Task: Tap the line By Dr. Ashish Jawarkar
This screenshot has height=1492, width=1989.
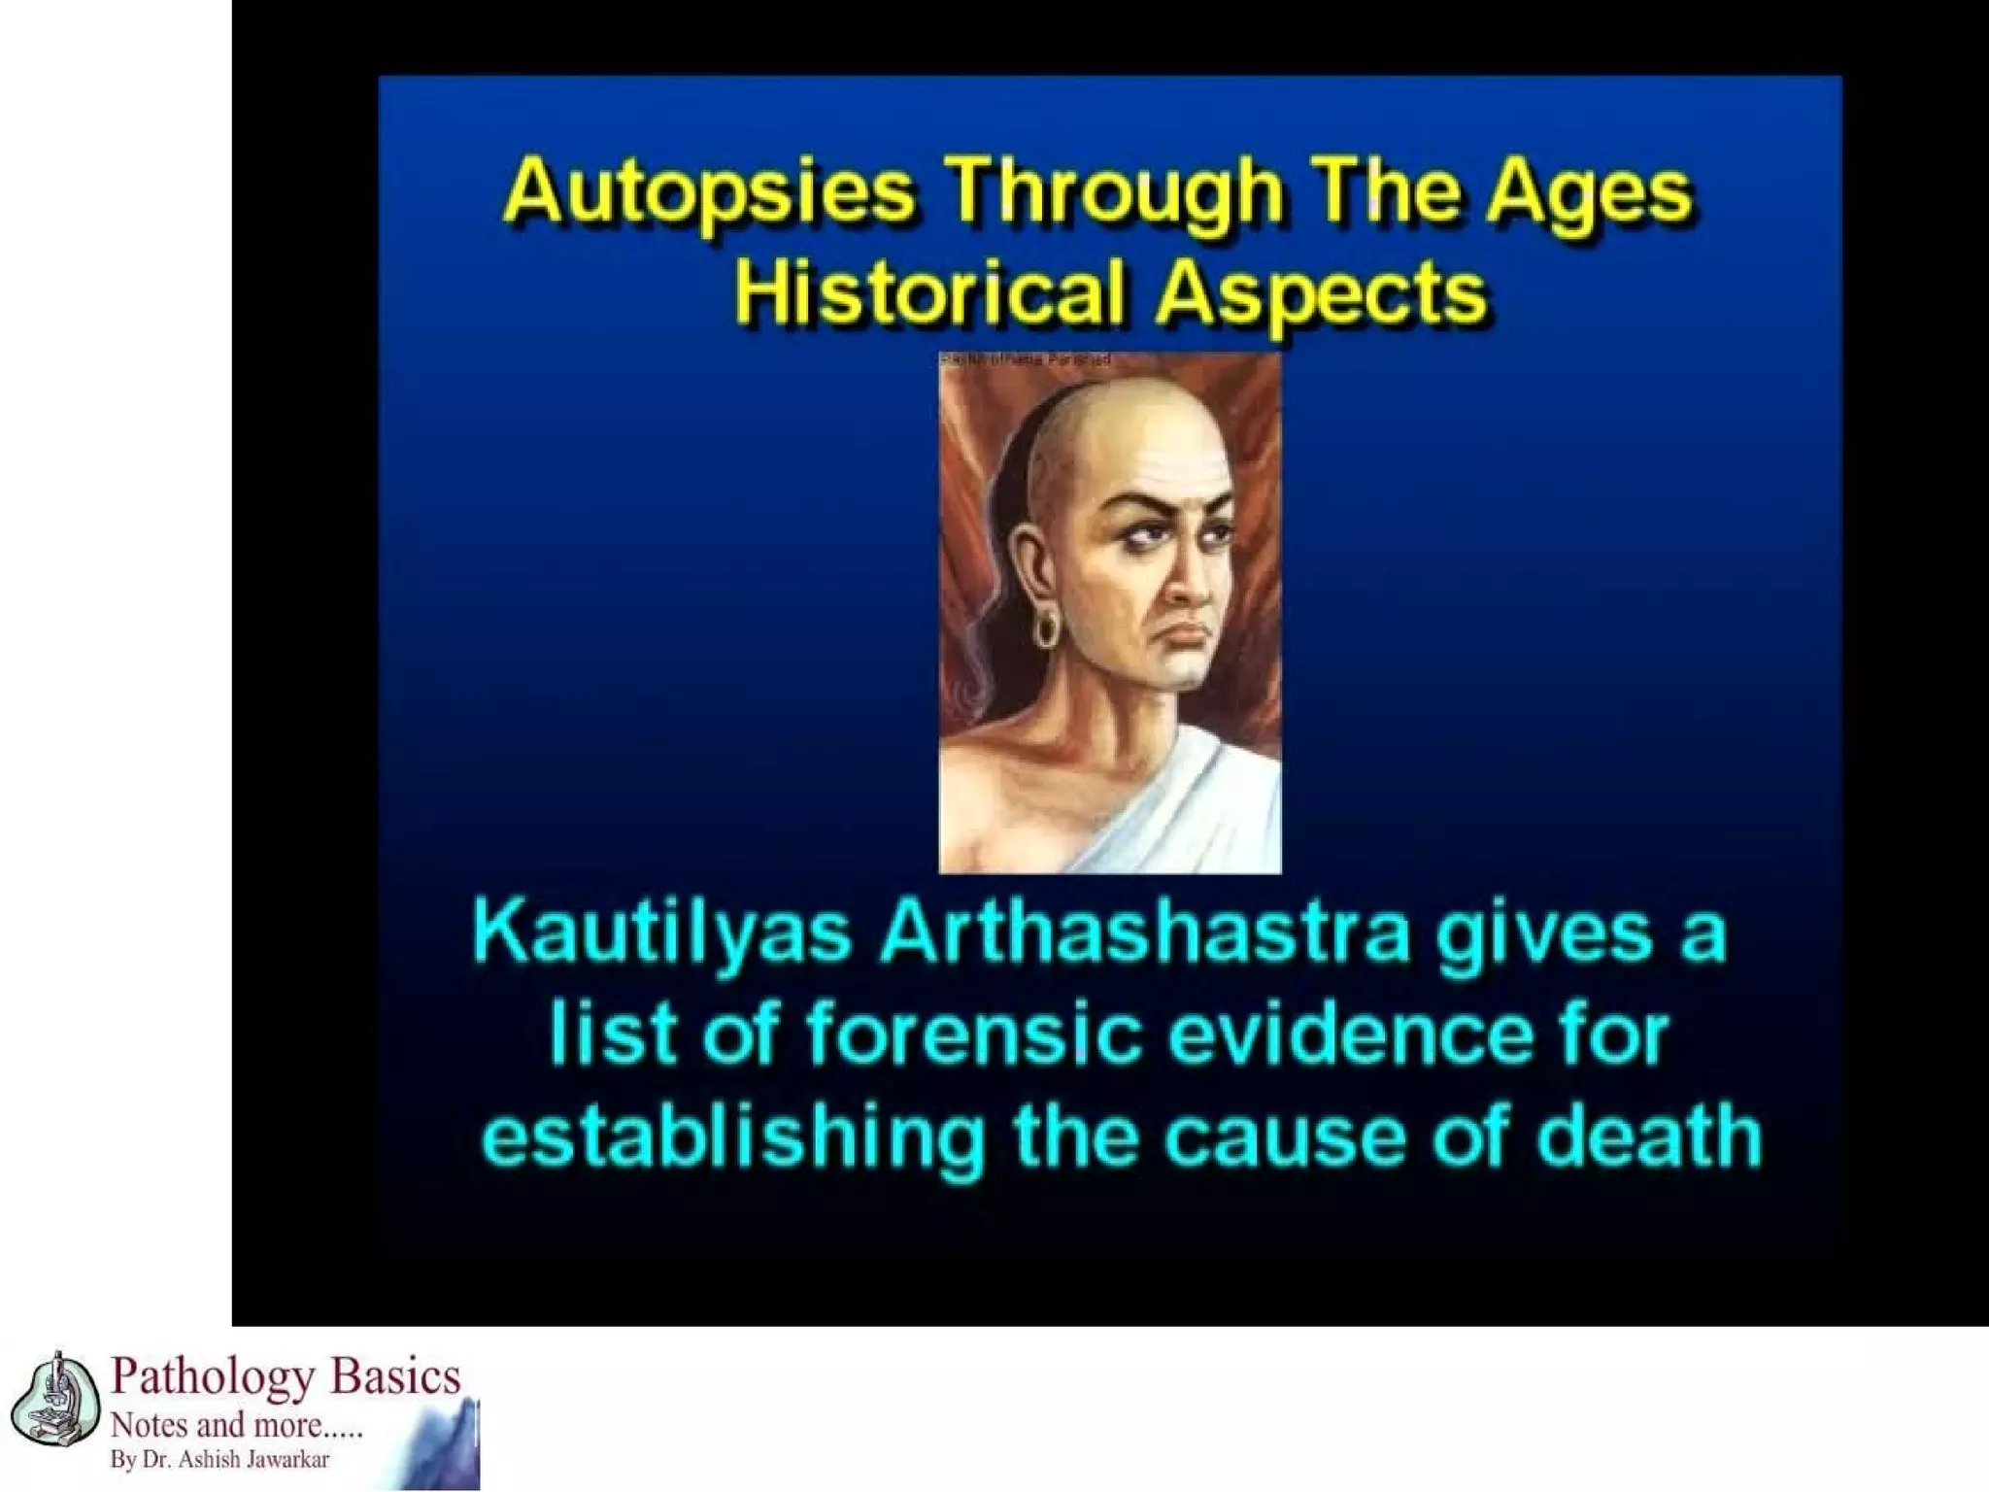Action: click(x=219, y=1460)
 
